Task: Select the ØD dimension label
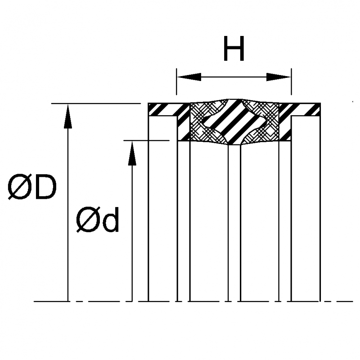[x=32, y=188]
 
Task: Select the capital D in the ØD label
[x=45, y=188]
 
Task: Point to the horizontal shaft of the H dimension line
[x=234, y=76]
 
